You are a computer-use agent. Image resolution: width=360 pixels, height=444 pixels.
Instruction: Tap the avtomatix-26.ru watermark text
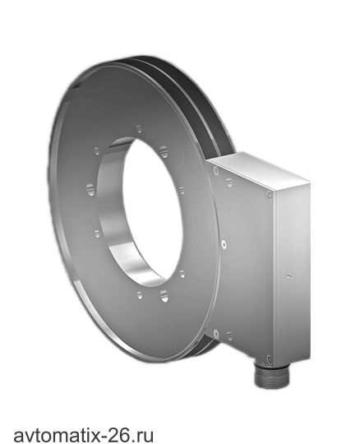pyautogui.click(x=84, y=434)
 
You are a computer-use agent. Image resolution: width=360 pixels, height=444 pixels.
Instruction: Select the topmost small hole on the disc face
pyautogui.click(x=139, y=129)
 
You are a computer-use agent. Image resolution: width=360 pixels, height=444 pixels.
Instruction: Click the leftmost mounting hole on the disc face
pyautogui.click(x=90, y=189)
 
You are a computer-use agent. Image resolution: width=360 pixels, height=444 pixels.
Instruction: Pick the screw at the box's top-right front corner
pyautogui.click(x=270, y=195)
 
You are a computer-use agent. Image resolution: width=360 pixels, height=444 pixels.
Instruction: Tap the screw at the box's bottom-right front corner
pyautogui.click(x=269, y=359)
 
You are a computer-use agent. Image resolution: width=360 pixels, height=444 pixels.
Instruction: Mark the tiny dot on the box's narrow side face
pyautogui.click(x=288, y=275)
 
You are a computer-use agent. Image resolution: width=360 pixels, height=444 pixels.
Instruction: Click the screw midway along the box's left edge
pyautogui.click(x=224, y=244)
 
